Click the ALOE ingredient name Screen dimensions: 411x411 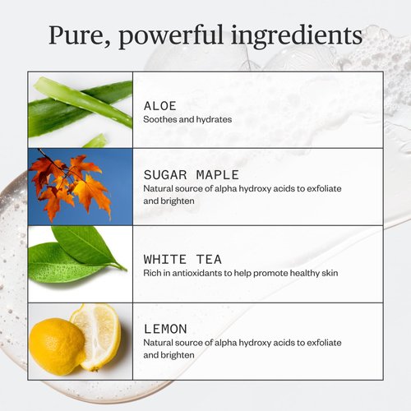[x=159, y=106]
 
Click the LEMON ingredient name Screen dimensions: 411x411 [x=164, y=328]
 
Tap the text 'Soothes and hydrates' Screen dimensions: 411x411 [x=187, y=119]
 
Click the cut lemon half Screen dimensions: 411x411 [x=95, y=334]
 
